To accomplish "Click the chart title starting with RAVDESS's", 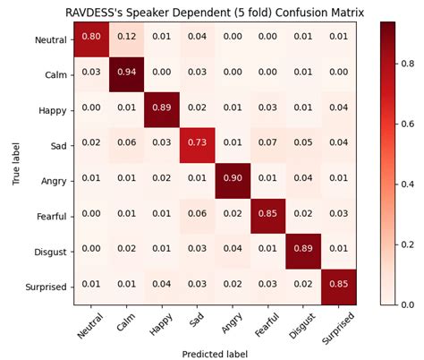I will [x=211, y=11].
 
